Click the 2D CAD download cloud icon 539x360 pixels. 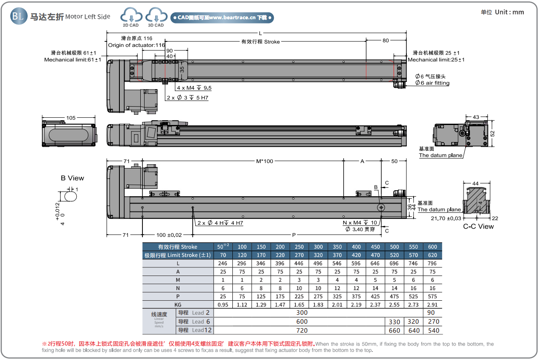click(131, 16)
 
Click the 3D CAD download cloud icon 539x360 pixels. click(156, 16)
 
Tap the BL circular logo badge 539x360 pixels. click(18, 16)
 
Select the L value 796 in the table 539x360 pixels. click(432, 264)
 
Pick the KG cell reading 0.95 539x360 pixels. click(223, 305)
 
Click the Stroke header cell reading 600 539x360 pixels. click(432, 247)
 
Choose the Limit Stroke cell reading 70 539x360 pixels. click(223, 255)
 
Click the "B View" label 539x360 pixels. click(72, 178)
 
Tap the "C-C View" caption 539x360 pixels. click(478, 226)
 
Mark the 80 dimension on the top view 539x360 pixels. click(385, 41)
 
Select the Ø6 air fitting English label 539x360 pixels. click(432, 83)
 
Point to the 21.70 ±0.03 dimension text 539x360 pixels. click(446, 218)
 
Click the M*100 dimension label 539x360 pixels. click(264, 161)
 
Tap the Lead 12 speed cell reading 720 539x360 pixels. click(301, 330)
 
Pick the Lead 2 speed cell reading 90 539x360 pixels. click(432, 313)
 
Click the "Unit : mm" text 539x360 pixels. click(509, 12)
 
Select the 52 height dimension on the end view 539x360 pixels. click(492, 133)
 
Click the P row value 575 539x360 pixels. click(432, 296)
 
